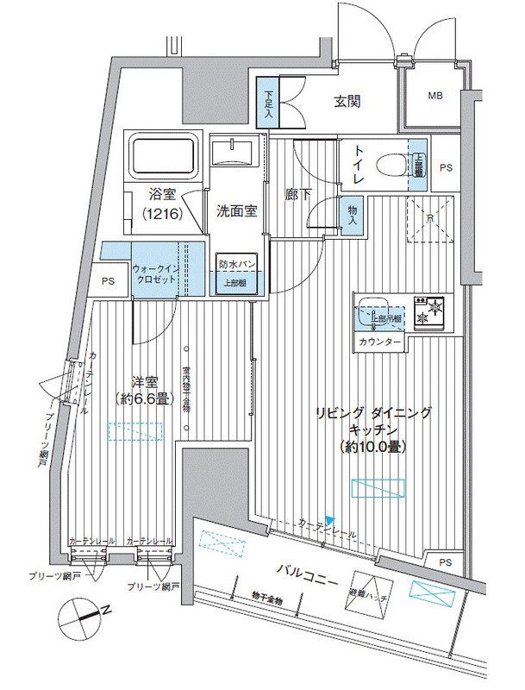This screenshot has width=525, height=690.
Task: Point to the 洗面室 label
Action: click(x=234, y=210)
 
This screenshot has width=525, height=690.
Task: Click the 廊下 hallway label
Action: click(x=297, y=194)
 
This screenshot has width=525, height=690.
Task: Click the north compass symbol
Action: click(x=83, y=617)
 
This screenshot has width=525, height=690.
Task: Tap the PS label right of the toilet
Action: click(x=446, y=167)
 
